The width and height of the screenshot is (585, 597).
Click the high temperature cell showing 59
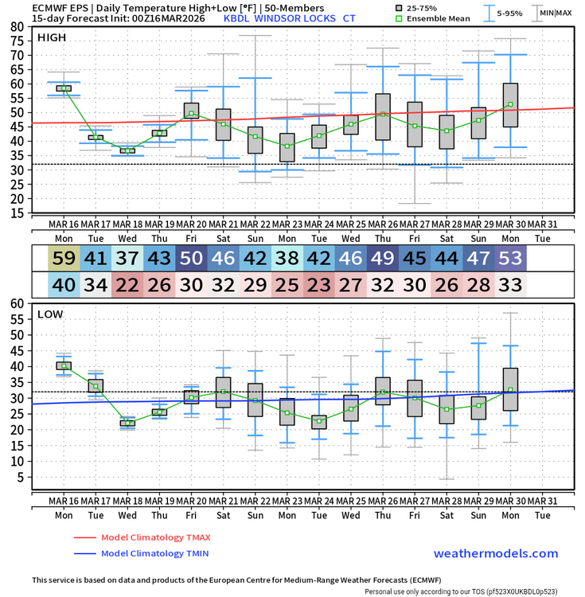tap(64, 258)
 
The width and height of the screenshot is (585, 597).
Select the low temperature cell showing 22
tap(127, 283)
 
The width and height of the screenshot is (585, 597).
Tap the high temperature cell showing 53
tap(510, 258)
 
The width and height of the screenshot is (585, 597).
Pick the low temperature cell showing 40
tap(64, 283)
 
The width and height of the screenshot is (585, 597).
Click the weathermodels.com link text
tap(496, 553)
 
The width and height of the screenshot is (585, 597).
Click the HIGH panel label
tap(52, 37)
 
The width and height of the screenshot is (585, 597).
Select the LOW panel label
tap(50, 314)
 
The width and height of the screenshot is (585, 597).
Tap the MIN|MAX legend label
tap(556, 13)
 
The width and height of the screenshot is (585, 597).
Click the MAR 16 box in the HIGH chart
tap(64, 88)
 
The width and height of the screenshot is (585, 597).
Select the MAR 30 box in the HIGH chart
tap(510, 105)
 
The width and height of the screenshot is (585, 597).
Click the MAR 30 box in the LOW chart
tap(510, 389)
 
